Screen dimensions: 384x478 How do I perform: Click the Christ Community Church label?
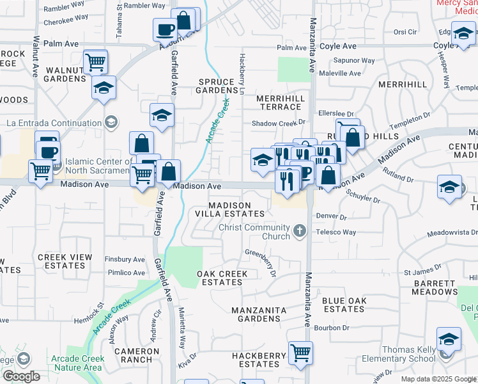coord(254,232)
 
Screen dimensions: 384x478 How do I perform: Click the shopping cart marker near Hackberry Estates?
coord(300,352)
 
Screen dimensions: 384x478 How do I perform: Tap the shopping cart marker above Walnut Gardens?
coord(95,63)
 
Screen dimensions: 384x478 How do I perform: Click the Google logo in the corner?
coord(21,376)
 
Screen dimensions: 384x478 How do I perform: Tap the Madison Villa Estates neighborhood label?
coord(230,209)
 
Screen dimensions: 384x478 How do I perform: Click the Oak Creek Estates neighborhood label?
coord(222,278)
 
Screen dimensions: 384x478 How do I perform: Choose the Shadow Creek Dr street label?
coord(279,123)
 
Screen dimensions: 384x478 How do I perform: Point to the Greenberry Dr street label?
coord(261,262)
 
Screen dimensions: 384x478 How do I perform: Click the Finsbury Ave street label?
coord(126,259)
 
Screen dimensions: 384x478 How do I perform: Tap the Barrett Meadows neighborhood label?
coord(435,287)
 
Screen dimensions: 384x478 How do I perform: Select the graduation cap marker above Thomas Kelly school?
coord(449,340)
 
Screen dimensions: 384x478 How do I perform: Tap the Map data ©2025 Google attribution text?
coord(438,379)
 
